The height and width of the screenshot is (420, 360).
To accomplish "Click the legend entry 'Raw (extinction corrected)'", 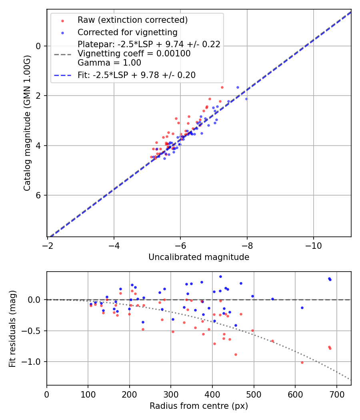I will point(132,20).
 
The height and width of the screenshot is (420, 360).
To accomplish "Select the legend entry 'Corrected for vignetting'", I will point(127,32).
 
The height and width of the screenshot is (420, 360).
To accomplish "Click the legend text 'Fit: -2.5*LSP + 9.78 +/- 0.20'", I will point(136,75).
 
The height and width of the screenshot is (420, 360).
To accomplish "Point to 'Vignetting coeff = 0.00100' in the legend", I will point(134,54).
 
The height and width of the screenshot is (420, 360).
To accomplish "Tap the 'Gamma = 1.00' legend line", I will point(109,63).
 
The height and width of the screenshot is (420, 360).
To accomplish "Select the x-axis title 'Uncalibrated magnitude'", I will point(199,257).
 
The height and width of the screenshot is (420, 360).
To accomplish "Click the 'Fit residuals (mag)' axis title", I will point(12,328).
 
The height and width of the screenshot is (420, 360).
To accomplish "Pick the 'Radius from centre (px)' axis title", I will point(199,406).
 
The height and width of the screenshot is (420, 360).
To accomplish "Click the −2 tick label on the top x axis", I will point(48,245).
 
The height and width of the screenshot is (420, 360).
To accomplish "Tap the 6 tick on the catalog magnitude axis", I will point(39,195).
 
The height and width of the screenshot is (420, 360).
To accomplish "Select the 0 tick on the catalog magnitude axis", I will point(39,46).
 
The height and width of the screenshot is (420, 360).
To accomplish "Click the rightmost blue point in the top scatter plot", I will point(246,99).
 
